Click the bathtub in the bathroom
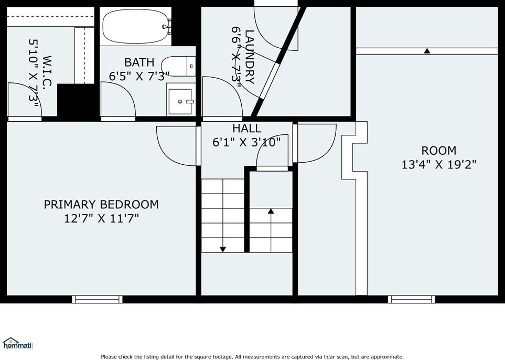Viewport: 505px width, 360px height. click(x=136, y=26)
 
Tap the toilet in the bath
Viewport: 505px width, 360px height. click(x=178, y=67)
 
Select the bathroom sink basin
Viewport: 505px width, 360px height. click(x=180, y=101)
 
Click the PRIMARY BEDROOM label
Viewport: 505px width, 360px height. click(x=101, y=204)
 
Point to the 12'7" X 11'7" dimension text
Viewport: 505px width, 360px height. click(x=101, y=218)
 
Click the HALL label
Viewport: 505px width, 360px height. click(x=246, y=128)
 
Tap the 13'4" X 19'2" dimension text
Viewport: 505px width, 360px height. click(x=438, y=165)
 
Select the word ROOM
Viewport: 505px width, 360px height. click(x=438, y=151)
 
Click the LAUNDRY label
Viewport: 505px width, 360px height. click(x=250, y=57)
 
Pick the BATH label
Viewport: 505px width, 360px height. click(x=139, y=62)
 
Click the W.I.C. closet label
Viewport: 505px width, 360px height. click(x=47, y=72)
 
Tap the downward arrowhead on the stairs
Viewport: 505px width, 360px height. click(x=222, y=249)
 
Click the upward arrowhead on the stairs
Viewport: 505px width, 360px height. click(x=271, y=211)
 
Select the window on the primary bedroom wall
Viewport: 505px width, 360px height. click(x=97, y=300)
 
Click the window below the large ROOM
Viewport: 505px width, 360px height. click(x=412, y=300)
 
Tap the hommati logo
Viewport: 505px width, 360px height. click(x=17, y=344)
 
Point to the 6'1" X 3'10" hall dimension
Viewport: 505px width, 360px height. click(x=246, y=142)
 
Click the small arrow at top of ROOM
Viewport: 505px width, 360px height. click(x=427, y=50)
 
